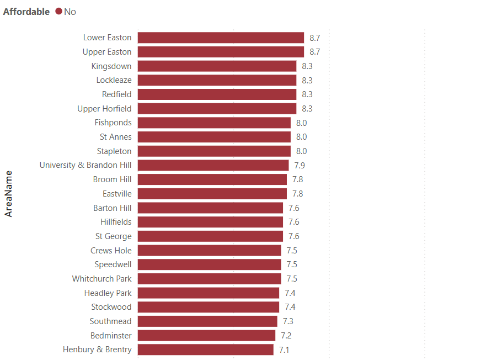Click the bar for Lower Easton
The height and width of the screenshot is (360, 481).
221,38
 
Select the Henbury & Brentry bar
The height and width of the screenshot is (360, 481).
205,350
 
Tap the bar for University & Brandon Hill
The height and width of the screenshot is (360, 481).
213,165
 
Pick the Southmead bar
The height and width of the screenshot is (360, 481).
207,321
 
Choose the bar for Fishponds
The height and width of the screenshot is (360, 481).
214,123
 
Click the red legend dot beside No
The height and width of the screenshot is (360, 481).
59,12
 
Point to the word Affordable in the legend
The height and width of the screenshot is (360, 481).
26,12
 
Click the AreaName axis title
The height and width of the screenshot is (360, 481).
9,193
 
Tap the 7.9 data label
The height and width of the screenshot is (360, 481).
300,165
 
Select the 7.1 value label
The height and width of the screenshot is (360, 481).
284,350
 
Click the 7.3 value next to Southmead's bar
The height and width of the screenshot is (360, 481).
288,321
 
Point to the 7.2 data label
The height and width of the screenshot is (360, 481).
286,335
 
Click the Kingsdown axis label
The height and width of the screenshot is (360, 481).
111,66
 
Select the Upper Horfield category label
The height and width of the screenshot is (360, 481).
104,109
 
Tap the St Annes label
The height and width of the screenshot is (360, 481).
116,137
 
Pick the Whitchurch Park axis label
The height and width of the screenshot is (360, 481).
101,279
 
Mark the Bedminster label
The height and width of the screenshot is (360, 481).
111,335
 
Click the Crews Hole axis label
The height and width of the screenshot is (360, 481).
111,250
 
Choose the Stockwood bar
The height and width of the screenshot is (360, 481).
209,307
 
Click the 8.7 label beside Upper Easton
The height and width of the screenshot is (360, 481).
314,52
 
